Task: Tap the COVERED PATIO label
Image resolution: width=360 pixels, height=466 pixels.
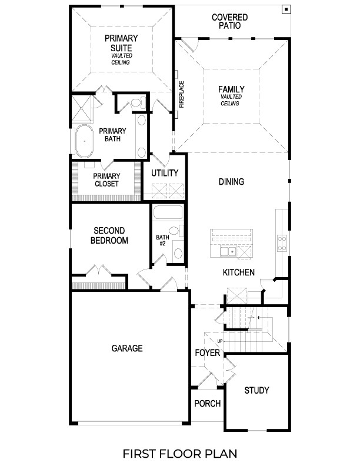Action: pyautogui.click(x=229, y=22)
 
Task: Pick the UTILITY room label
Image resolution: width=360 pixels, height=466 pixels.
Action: pyautogui.click(x=165, y=173)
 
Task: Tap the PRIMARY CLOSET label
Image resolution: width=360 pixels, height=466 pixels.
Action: pyautogui.click(x=106, y=179)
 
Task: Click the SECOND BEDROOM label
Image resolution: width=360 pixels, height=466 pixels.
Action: pyautogui.click(x=109, y=235)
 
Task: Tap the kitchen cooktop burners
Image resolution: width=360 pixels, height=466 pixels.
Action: pyautogui.click(x=282, y=243)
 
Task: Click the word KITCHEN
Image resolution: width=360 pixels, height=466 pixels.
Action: pyautogui.click(x=238, y=272)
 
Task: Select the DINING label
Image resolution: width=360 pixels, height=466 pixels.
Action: pyautogui.click(x=231, y=182)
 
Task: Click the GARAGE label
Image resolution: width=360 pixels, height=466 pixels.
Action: pyautogui.click(x=127, y=348)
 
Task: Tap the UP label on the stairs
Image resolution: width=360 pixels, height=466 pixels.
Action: pyautogui.click(x=220, y=341)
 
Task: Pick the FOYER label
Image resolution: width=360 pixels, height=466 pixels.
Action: pyautogui.click(x=208, y=353)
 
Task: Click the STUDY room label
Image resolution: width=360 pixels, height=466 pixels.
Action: pyautogui.click(x=256, y=390)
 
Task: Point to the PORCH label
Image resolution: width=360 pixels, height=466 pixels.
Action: pyautogui.click(x=208, y=404)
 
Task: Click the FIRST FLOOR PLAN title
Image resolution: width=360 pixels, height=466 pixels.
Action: pyautogui.click(x=179, y=454)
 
